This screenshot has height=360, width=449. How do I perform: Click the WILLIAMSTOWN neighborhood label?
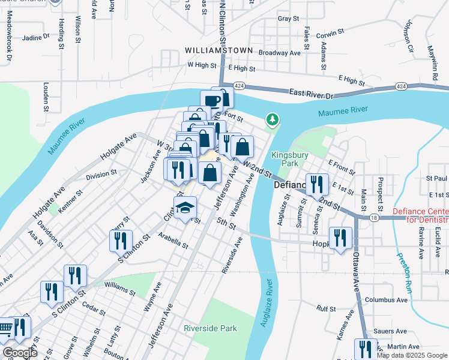(x=218, y=50)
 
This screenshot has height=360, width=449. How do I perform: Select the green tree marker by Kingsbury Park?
(x=273, y=121)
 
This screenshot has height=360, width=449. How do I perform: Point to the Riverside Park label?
(x=210, y=328)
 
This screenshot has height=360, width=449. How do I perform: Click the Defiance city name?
(x=291, y=185)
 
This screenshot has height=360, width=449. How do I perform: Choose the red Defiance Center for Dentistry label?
(x=420, y=216)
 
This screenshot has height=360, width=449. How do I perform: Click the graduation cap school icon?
(x=185, y=209)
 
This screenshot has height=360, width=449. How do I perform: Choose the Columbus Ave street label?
(x=386, y=299)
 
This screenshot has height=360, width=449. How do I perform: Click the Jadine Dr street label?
(x=36, y=37)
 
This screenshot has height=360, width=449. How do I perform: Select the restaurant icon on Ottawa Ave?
(x=366, y=349)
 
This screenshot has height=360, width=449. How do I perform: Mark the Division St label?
(x=101, y=174)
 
